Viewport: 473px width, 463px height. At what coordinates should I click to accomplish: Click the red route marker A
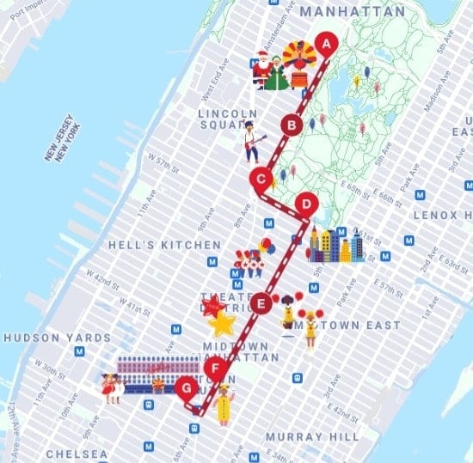pyautogui.click(x=325, y=42)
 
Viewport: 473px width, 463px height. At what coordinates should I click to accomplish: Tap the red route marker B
pyautogui.click(x=292, y=126)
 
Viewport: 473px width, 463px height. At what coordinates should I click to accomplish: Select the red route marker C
pyautogui.click(x=260, y=179)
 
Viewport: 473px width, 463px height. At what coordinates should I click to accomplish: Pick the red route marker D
pyautogui.click(x=305, y=204)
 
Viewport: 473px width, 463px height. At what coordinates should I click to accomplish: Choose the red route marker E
pyautogui.click(x=262, y=302)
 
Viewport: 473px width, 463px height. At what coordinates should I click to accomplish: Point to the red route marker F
pyautogui.click(x=218, y=371)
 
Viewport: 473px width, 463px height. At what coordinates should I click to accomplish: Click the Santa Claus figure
pyautogui.click(x=262, y=70)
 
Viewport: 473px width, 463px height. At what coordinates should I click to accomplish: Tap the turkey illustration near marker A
pyautogui.click(x=299, y=64)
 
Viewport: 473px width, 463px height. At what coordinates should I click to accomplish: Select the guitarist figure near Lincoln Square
pyautogui.click(x=250, y=142)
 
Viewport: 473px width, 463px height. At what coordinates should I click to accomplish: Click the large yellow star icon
pyautogui.click(x=222, y=323)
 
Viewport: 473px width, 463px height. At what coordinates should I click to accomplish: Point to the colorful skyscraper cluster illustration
pyautogui.click(x=335, y=245)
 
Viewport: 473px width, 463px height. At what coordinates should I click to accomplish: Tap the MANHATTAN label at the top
pyautogui.click(x=351, y=12)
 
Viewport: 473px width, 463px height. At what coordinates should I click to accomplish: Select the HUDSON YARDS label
pyautogui.click(x=57, y=338)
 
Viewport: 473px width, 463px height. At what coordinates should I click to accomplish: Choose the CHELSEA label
pyautogui.click(x=77, y=453)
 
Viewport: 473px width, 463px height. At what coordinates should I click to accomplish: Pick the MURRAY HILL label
pyautogui.click(x=312, y=436)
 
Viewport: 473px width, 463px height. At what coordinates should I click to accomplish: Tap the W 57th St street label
pyautogui.click(x=162, y=161)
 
